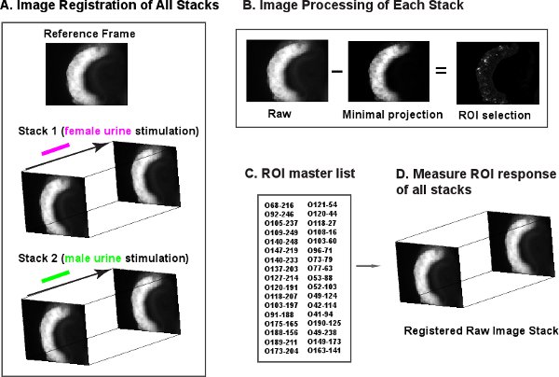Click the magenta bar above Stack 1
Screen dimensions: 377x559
56,147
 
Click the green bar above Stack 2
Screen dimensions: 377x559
56,275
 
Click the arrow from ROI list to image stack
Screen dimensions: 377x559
370,266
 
